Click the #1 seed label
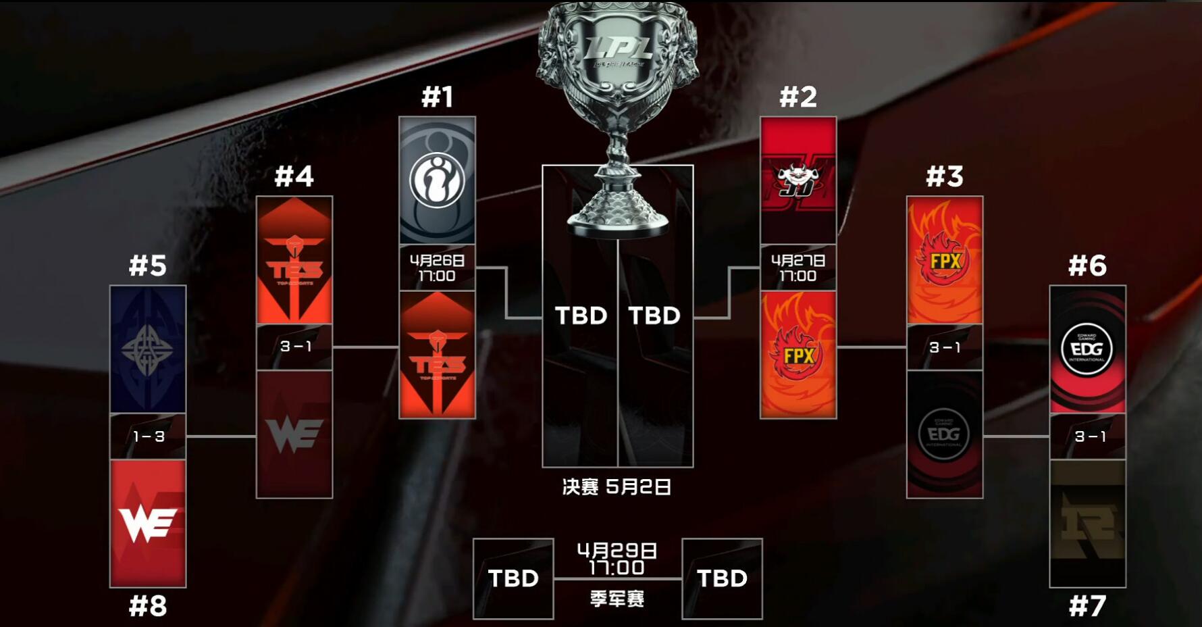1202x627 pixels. point(437,97)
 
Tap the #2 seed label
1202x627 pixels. point(798,97)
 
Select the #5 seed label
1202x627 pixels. point(148,266)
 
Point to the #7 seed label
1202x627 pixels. point(1087,606)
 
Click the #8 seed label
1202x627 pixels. point(148,606)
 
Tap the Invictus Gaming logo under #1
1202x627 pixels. point(437,180)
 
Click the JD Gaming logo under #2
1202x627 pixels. point(798,180)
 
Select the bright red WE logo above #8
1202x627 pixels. point(148,524)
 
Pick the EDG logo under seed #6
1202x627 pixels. point(1087,349)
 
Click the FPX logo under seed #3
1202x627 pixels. point(944,260)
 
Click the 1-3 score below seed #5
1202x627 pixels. point(149,436)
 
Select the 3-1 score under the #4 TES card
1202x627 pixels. point(295,347)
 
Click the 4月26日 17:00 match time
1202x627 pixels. point(437,268)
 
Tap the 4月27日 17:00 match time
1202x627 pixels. point(798,268)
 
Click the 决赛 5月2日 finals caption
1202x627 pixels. point(617,486)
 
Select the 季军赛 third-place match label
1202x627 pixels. point(617,599)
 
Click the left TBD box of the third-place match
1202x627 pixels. point(513,578)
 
